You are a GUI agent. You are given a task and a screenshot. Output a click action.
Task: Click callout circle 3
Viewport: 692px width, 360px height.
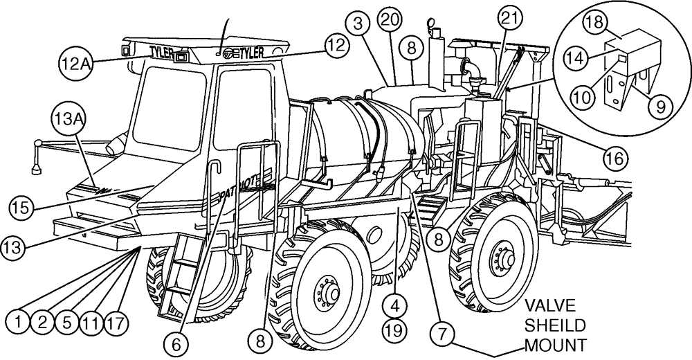tap(361, 24)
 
